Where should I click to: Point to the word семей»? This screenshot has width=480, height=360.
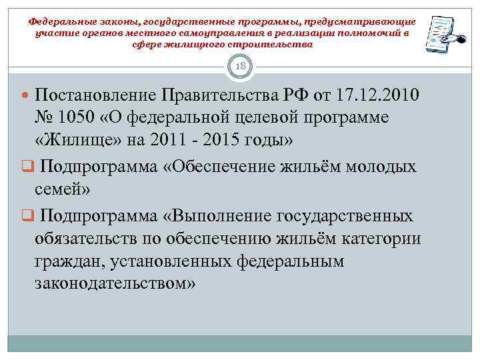63,189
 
